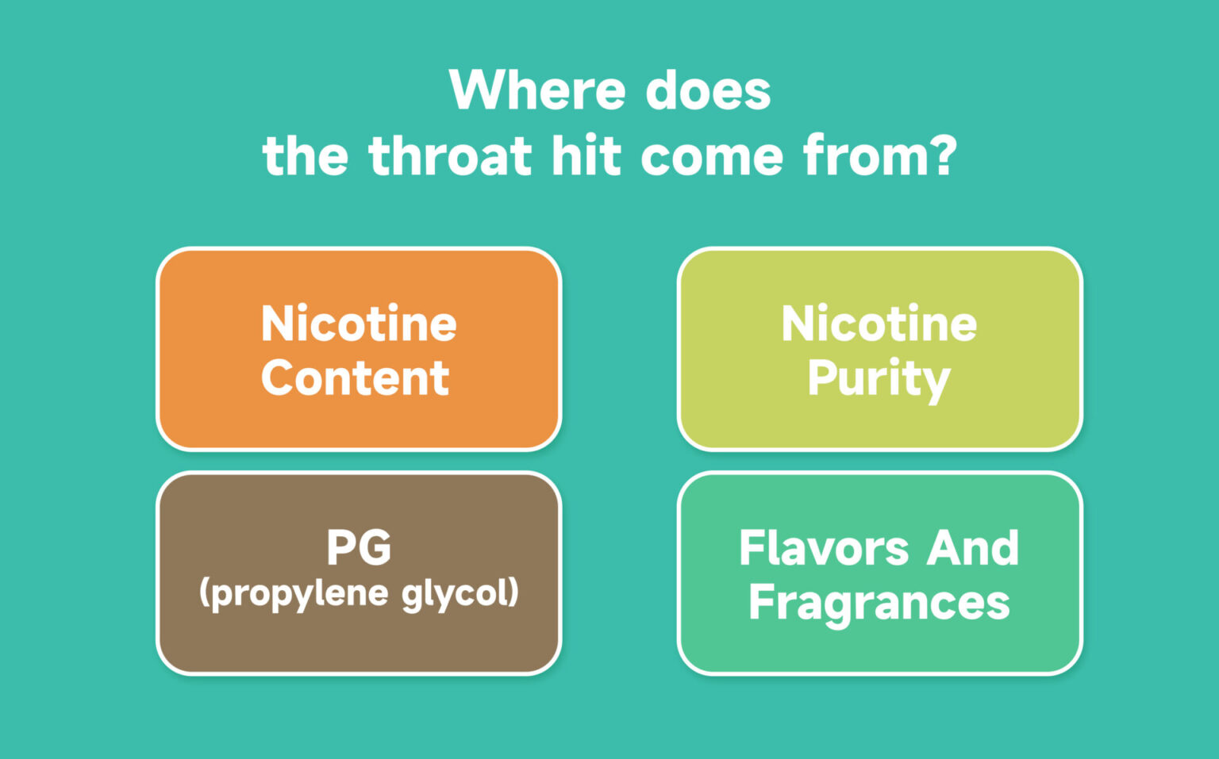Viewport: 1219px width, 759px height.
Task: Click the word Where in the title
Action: (x=537, y=90)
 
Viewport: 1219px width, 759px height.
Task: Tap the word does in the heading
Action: (x=708, y=90)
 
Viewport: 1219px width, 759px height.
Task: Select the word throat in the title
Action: (x=450, y=156)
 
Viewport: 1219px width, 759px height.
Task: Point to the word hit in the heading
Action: (x=586, y=156)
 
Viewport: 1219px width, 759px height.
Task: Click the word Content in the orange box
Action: (x=356, y=378)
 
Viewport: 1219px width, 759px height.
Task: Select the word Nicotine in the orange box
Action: (x=359, y=323)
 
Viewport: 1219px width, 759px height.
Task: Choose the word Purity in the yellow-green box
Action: (x=879, y=381)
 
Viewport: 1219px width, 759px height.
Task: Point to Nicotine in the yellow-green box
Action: (x=879, y=323)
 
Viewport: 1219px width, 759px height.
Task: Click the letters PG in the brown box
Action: (x=359, y=547)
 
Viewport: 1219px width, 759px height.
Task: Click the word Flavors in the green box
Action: (x=823, y=548)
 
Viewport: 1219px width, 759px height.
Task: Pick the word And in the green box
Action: (x=972, y=548)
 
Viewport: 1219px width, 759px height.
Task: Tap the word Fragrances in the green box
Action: (x=879, y=605)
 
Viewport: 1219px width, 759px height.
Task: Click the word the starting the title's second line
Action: (x=306, y=156)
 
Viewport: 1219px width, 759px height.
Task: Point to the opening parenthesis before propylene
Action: (x=205, y=593)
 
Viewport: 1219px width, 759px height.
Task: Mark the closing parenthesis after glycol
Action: (x=513, y=593)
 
